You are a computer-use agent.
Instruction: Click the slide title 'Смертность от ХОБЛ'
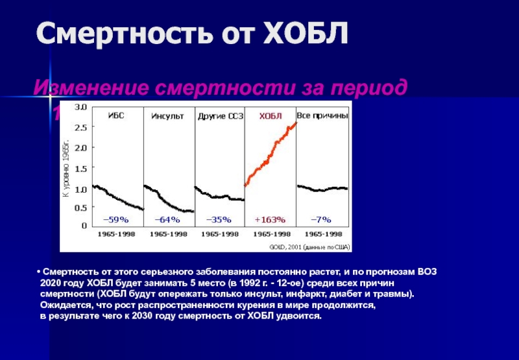(x=192, y=33)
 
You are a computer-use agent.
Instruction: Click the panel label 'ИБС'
(x=117, y=115)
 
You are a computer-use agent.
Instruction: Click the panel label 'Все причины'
(x=322, y=115)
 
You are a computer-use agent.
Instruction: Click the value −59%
(x=117, y=219)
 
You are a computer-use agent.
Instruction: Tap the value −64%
(x=168, y=219)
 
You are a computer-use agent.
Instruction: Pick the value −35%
(x=220, y=219)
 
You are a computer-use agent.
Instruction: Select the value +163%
(x=270, y=219)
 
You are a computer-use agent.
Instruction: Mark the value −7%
(x=322, y=219)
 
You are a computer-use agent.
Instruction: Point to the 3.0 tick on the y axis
(x=81, y=106)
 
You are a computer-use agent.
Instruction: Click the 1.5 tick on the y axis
(x=81, y=169)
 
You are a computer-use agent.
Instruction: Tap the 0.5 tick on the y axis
(x=81, y=208)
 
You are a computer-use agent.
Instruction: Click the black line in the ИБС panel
(x=117, y=195)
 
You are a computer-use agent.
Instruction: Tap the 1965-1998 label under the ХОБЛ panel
(x=271, y=234)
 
